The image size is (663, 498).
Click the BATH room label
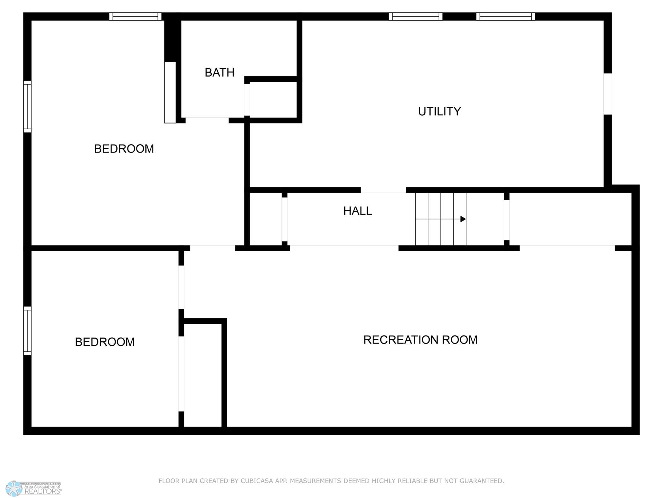[219, 73]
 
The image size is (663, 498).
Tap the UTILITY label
[439, 111]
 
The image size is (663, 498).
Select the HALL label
[358, 211]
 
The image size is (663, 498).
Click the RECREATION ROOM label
[420, 340]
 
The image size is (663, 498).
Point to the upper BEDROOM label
[124, 149]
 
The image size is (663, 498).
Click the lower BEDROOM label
[105, 342]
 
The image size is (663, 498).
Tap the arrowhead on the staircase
[463, 219]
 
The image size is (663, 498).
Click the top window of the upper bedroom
[135, 17]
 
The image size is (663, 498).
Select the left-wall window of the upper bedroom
[27, 107]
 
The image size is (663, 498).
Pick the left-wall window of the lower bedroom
[27, 331]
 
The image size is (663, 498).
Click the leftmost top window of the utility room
[416, 17]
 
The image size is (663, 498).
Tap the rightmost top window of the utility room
[506, 17]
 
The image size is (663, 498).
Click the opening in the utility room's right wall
[608, 94]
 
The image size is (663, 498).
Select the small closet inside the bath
[273, 99]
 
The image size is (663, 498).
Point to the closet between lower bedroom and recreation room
[203, 375]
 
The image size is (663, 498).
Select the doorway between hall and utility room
[383, 190]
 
